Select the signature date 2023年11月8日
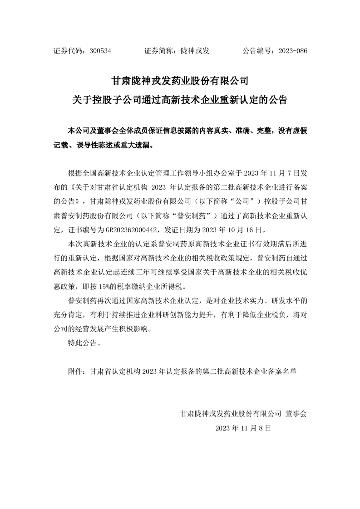click(243, 428)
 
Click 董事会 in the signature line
click(296, 413)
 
